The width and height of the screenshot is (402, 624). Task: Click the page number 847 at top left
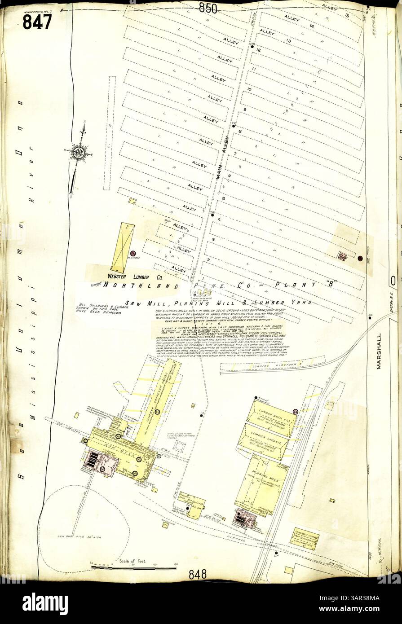37,21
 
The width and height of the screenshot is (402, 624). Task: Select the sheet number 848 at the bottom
197,574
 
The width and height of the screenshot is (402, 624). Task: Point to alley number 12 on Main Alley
259,50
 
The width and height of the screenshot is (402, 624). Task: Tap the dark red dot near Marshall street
360,258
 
